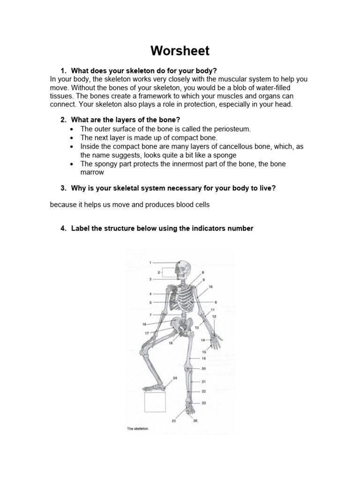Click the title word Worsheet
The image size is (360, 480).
[180, 51]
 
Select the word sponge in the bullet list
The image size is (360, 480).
[223, 155]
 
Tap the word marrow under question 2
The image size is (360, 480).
[92, 172]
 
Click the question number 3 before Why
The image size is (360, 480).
[63, 188]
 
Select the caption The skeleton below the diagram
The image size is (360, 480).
[137, 428]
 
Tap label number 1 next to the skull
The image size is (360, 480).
[150, 262]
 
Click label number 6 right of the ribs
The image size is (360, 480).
[216, 302]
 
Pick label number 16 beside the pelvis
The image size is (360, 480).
[144, 324]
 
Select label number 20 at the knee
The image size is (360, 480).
[203, 369]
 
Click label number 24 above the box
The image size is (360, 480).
[175, 378]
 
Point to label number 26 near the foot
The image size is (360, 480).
[195, 420]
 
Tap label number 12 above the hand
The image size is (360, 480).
[214, 317]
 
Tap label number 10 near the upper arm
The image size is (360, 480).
[210, 286]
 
